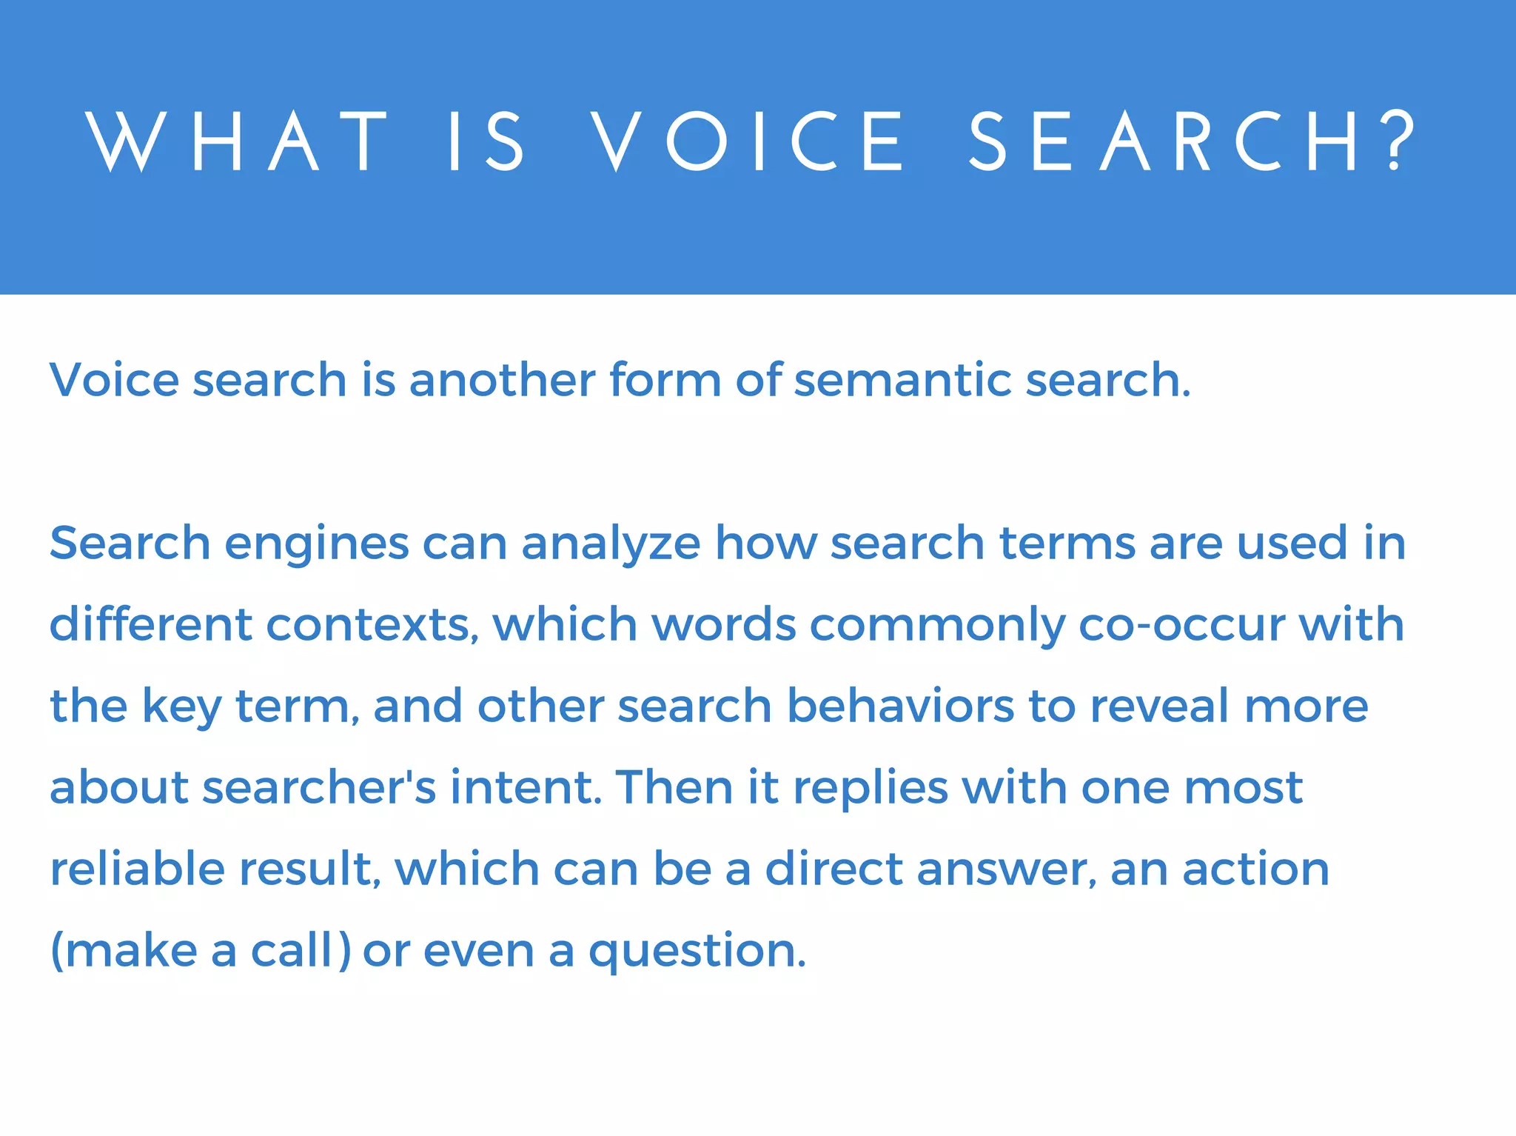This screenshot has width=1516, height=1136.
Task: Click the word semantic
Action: point(902,380)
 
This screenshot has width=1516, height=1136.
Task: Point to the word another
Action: point(502,380)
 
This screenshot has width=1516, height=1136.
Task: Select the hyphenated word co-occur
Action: point(1182,624)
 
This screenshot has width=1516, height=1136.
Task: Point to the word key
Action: point(181,708)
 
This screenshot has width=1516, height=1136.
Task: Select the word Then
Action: point(674,787)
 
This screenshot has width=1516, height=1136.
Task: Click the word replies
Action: point(871,789)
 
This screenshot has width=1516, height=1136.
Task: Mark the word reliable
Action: point(137,869)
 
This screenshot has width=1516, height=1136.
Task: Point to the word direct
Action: point(834,869)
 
